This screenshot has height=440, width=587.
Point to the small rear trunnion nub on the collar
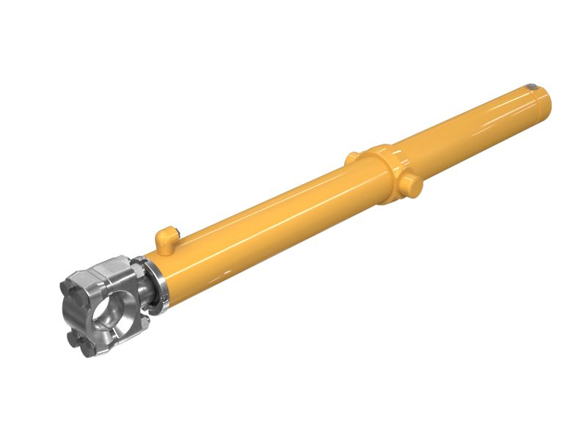(x=352, y=156)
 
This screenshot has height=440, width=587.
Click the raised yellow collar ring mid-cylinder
(x=382, y=172)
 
